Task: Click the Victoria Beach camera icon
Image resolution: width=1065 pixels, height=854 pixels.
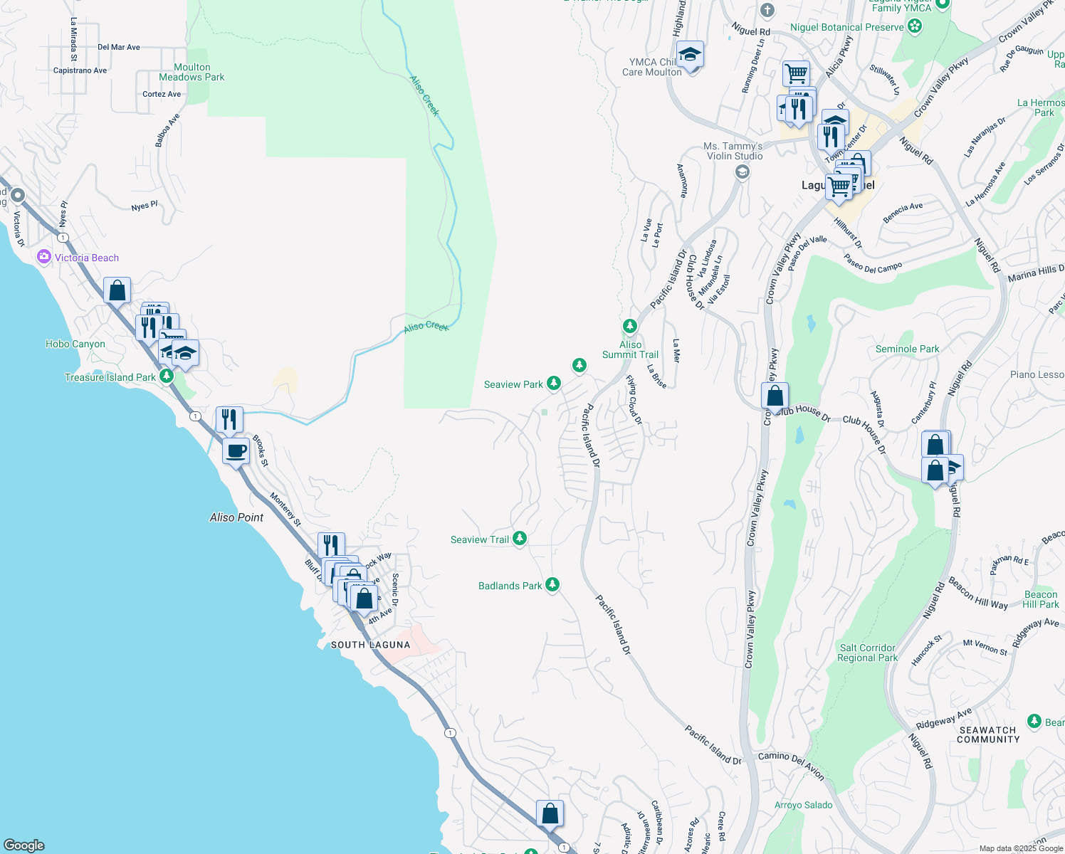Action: pyautogui.click(x=44, y=257)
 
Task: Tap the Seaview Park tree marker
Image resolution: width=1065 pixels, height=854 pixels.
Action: pyautogui.click(x=553, y=384)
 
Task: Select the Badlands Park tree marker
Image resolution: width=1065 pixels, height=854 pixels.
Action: pyautogui.click(x=552, y=585)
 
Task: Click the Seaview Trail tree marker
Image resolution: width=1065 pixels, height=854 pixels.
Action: pyautogui.click(x=520, y=539)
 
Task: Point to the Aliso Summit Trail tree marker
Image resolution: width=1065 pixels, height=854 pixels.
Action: pyautogui.click(x=629, y=326)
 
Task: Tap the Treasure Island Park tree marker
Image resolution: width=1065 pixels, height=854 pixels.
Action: pyautogui.click(x=167, y=376)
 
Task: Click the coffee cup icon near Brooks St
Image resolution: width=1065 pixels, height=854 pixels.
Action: pyautogui.click(x=236, y=451)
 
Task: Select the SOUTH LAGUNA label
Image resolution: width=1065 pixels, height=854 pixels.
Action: pyautogui.click(x=370, y=645)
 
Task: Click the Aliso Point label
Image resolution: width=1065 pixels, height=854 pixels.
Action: pyautogui.click(x=236, y=517)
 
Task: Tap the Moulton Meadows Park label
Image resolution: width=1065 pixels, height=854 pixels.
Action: pyautogui.click(x=192, y=72)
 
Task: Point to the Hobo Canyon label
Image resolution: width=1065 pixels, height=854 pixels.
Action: pyautogui.click(x=75, y=344)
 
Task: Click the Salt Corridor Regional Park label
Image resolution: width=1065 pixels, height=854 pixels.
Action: pyautogui.click(x=867, y=653)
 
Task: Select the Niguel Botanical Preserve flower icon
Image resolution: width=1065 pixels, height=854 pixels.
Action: pyautogui.click(x=916, y=27)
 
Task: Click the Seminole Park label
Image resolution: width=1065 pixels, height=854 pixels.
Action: pyautogui.click(x=907, y=349)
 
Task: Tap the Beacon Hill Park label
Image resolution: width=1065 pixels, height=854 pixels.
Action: pyautogui.click(x=1041, y=599)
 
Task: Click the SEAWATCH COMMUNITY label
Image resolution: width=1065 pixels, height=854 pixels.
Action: pyautogui.click(x=988, y=734)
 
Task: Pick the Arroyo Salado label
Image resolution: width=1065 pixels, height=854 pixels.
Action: pyautogui.click(x=803, y=805)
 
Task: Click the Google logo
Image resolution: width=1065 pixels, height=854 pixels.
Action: pyautogui.click(x=24, y=845)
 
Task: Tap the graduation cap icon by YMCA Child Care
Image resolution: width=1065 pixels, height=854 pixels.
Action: pyautogui.click(x=690, y=55)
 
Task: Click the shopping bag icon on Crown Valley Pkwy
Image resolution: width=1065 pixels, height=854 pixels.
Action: pyautogui.click(x=775, y=396)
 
